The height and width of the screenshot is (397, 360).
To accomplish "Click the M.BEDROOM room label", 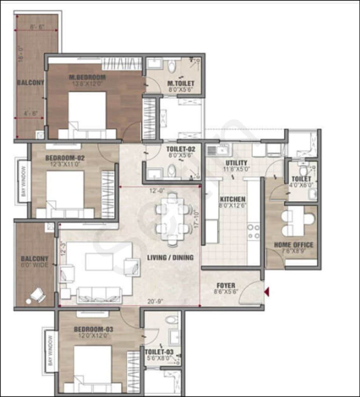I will coord(88,78).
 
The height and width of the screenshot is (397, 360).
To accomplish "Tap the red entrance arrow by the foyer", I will coord(267,292).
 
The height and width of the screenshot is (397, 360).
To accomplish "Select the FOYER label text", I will coord(226,286).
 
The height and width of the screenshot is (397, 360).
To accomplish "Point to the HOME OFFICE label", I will coord(293,245).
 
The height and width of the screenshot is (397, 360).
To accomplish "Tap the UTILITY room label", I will coord(236,163).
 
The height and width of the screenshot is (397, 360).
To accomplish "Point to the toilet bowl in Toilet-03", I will coord(171,319).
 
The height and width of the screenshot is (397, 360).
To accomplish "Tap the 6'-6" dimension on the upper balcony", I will coord(37,27).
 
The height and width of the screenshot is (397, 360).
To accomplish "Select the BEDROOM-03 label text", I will coord(93,329).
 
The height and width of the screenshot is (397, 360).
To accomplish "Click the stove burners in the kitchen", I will coord(253,231).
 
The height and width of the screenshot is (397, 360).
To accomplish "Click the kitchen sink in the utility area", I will coord(218,150).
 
